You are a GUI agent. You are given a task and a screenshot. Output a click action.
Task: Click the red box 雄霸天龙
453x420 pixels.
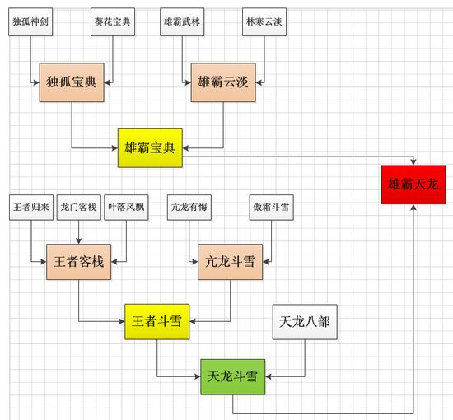(x=413, y=184)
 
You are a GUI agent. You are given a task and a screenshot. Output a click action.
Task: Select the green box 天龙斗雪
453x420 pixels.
(x=233, y=376)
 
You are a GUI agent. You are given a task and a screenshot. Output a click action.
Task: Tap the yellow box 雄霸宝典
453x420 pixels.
(x=150, y=148)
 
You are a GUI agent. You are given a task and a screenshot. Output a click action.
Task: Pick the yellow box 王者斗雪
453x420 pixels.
(x=157, y=321)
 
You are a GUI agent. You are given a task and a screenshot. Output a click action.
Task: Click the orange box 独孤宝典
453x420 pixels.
(x=72, y=82)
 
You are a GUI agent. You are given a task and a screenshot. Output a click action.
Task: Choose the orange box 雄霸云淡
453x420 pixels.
(x=223, y=82)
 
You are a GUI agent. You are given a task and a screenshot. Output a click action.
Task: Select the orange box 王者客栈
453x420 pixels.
(x=78, y=262)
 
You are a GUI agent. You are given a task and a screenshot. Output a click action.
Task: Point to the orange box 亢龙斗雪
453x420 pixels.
(x=231, y=262)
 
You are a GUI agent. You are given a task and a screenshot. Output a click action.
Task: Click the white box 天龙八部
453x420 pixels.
(x=305, y=322)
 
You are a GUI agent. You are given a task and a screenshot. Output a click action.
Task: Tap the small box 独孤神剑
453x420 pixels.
(x=30, y=22)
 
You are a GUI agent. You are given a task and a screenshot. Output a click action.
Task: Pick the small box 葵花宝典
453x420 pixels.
(x=113, y=22)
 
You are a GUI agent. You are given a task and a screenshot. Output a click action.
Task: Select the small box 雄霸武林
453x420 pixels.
(x=182, y=22)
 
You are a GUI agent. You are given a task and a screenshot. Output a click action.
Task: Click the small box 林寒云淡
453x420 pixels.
(x=264, y=22)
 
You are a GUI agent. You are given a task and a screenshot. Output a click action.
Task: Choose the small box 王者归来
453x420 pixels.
(x=31, y=208)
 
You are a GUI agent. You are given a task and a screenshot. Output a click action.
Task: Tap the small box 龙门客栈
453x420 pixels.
(x=79, y=208)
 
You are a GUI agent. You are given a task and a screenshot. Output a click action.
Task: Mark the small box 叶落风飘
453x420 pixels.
(x=126, y=208)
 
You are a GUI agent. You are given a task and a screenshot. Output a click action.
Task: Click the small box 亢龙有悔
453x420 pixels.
(x=189, y=208)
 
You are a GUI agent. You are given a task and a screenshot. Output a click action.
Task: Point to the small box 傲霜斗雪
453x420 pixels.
(x=272, y=208)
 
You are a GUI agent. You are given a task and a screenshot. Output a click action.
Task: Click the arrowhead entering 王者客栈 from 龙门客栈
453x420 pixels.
(x=78, y=241)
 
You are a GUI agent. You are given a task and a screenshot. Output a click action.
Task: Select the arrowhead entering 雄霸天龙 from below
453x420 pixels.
(x=413, y=207)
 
